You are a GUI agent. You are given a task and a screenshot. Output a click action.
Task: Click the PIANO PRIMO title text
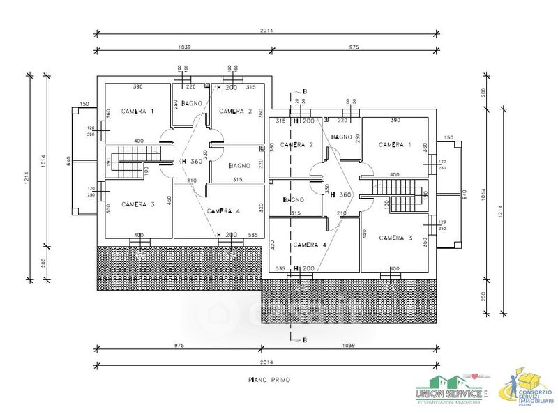point(268,380)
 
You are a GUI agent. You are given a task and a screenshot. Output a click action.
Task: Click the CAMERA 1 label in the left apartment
point(137,111)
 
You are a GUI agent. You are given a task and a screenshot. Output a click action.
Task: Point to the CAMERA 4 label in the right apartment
point(310,245)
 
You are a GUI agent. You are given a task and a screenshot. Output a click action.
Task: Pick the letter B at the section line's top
point(305,91)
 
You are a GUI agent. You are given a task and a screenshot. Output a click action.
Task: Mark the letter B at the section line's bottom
point(305,339)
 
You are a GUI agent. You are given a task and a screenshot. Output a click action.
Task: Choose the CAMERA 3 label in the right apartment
point(395,238)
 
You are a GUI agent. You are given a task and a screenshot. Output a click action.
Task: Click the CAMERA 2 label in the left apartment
point(234,111)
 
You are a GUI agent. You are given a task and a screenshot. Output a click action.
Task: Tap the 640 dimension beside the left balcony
point(69,160)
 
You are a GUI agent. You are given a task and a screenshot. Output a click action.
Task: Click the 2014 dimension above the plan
point(268,31)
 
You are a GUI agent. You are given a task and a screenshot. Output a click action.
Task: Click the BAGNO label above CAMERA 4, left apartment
point(239,166)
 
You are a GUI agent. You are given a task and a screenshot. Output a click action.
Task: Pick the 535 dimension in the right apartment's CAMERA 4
point(281,268)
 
